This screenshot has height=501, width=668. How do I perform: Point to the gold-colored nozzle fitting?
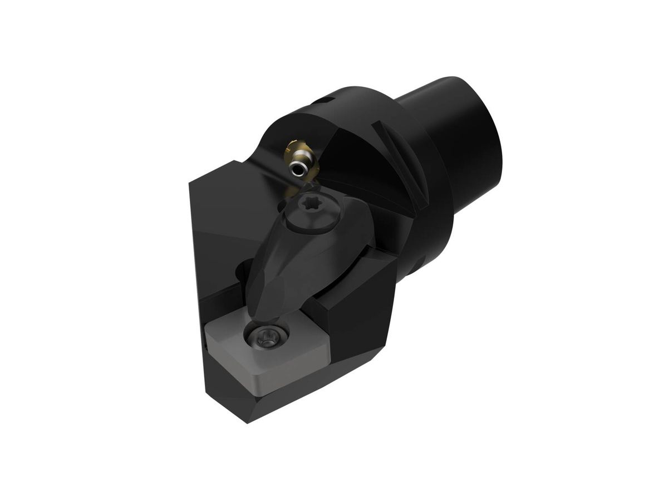(x=293, y=150)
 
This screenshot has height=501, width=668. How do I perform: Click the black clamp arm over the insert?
(x=289, y=262)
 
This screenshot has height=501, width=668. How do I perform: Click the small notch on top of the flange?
(x=326, y=101)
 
